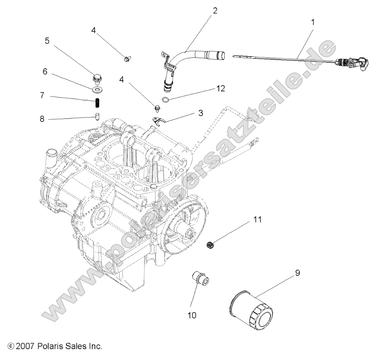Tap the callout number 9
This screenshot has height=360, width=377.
297,273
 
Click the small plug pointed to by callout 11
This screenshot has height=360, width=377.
211,243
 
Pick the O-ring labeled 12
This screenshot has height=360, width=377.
166,100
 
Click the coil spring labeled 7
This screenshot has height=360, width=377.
98,104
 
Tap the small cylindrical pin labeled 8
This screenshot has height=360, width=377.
97,116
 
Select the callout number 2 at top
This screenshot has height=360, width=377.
215,10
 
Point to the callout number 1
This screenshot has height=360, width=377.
313,22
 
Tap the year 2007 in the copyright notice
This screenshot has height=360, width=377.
25,346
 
